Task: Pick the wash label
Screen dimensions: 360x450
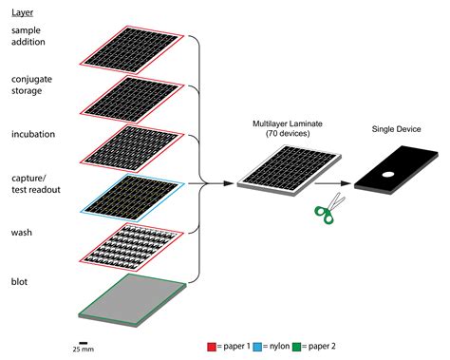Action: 22,232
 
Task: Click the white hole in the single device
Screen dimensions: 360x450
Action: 389,175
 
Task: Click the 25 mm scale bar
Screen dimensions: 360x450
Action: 84,342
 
